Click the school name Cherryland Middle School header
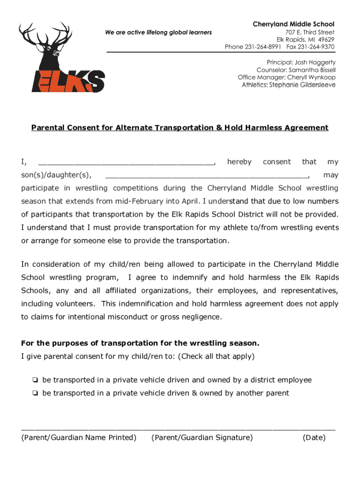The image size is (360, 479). click(294, 24)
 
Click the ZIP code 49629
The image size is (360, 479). click(324, 39)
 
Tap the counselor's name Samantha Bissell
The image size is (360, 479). click(313, 70)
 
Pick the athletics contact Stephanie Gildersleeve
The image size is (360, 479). click(302, 85)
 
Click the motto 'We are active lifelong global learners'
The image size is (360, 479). click(158, 32)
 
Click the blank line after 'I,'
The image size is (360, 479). click(126, 163)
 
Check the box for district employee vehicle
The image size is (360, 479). click(35, 380)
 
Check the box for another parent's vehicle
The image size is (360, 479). click(35, 393)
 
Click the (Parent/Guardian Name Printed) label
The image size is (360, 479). click(79, 438)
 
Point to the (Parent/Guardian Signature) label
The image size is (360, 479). click(202, 438)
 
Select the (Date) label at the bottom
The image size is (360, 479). click(314, 438)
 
